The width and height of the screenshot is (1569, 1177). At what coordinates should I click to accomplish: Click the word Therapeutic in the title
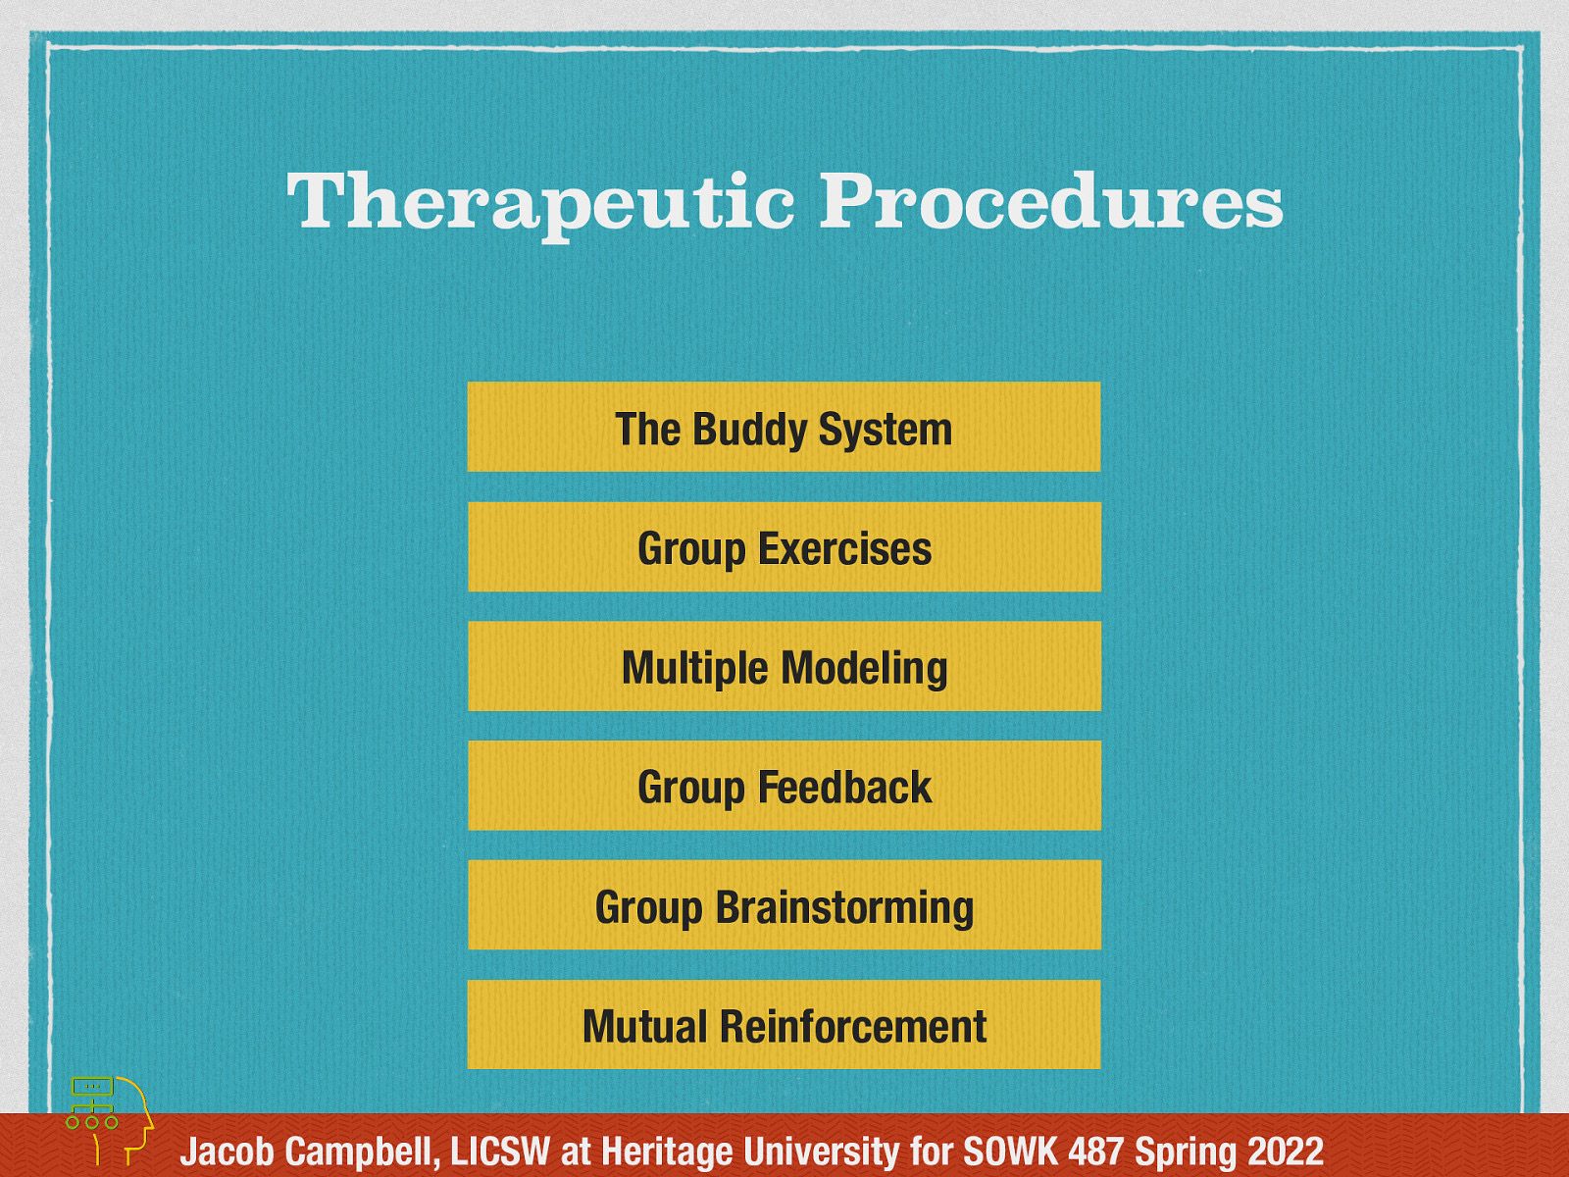[539, 201]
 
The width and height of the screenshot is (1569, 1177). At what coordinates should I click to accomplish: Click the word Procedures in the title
[1050, 201]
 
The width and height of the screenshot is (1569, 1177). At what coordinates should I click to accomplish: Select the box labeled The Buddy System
[784, 428]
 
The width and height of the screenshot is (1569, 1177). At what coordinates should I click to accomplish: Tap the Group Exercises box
[784, 547]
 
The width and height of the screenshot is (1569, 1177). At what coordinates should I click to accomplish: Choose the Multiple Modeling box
[784, 667]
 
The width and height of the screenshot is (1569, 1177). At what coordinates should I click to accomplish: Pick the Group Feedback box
[784, 787]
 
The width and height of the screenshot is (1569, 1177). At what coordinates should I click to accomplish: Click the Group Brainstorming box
[784, 905]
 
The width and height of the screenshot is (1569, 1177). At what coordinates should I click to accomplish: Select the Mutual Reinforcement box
[784, 1025]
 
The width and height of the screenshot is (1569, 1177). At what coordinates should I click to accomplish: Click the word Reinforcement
[852, 1027]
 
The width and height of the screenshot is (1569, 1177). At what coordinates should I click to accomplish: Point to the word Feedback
[843, 788]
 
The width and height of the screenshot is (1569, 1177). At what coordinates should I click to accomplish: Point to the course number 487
[1097, 1151]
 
